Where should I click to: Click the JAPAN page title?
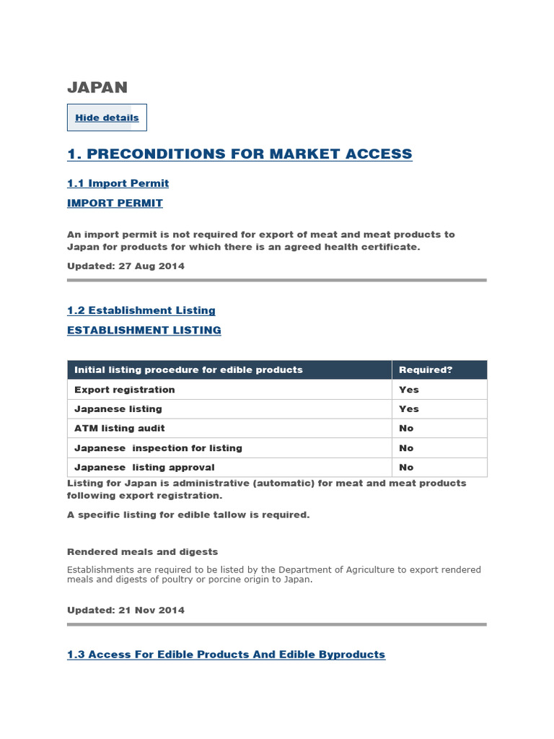click(97, 87)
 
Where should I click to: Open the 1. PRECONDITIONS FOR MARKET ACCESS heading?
click(239, 154)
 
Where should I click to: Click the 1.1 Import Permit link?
click(118, 183)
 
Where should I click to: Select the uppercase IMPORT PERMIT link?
click(115, 203)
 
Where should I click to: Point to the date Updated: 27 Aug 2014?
click(126, 266)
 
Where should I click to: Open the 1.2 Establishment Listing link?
click(141, 310)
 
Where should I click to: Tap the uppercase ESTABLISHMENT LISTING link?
click(144, 330)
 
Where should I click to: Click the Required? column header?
click(426, 369)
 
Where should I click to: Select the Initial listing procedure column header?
click(188, 369)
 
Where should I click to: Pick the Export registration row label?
click(124, 390)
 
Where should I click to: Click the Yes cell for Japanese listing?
click(408, 409)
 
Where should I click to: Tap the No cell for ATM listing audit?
click(406, 429)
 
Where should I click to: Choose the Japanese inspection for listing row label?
click(158, 448)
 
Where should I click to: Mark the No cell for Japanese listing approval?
click(406, 468)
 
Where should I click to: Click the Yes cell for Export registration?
click(408, 390)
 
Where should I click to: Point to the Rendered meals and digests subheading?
click(142, 551)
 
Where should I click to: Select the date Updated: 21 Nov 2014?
click(126, 610)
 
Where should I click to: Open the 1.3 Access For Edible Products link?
click(226, 655)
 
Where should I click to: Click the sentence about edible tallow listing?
click(188, 515)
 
